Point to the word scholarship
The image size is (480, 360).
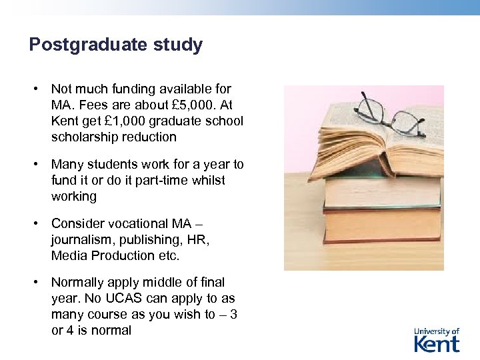85,137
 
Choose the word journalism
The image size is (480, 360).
79,239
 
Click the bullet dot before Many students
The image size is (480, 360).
40,164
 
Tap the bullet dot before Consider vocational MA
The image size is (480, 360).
40,223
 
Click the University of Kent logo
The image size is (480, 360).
437,339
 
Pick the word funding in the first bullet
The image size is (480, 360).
135,89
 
